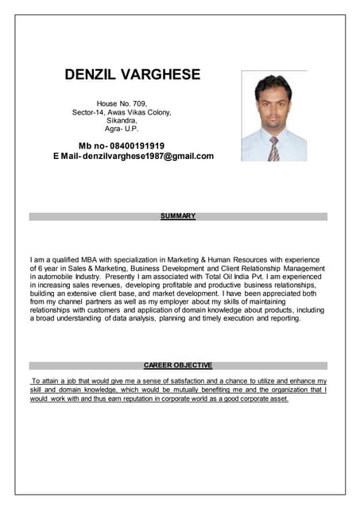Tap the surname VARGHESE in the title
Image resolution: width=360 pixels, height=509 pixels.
pyautogui.click(x=161, y=76)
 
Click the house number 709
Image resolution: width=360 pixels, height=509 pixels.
pyautogui.click(x=137, y=103)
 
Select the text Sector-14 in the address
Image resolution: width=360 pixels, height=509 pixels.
pyautogui.click(x=88, y=112)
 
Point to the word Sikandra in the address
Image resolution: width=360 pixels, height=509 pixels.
pyautogui.click(x=122, y=120)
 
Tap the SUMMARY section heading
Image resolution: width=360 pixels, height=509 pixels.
pyautogui.click(x=178, y=216)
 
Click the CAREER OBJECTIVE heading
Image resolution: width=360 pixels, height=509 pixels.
pyautogui.click(x=178, y=365)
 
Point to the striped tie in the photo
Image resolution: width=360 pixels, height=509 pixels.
pyautogui.click(x=273, y=149)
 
